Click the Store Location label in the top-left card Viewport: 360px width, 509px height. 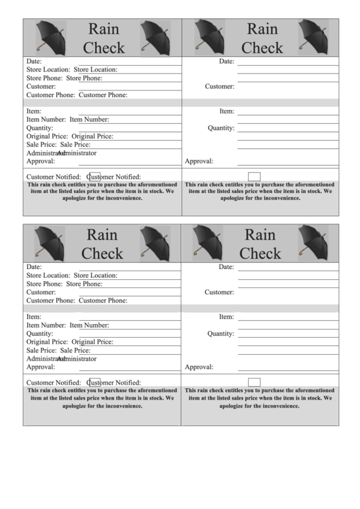point(48,69)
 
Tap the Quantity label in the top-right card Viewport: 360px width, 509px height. point(221,128)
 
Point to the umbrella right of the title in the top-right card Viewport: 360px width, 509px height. point(312,37)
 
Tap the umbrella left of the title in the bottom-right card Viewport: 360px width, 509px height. point(208,243)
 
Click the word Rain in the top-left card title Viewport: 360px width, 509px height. point(103,29)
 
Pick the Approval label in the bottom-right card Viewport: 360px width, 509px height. point(199,367)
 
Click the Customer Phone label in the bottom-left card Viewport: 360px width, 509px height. point(50,300)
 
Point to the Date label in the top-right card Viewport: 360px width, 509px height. point(226,61)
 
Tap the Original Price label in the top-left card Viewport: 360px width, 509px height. point(47,136)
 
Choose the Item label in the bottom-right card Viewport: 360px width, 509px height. point(226,317)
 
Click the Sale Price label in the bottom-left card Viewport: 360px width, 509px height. point(41,350)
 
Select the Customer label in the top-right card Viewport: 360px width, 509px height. point(219,86)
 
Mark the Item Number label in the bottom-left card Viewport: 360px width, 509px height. point(46,326)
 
